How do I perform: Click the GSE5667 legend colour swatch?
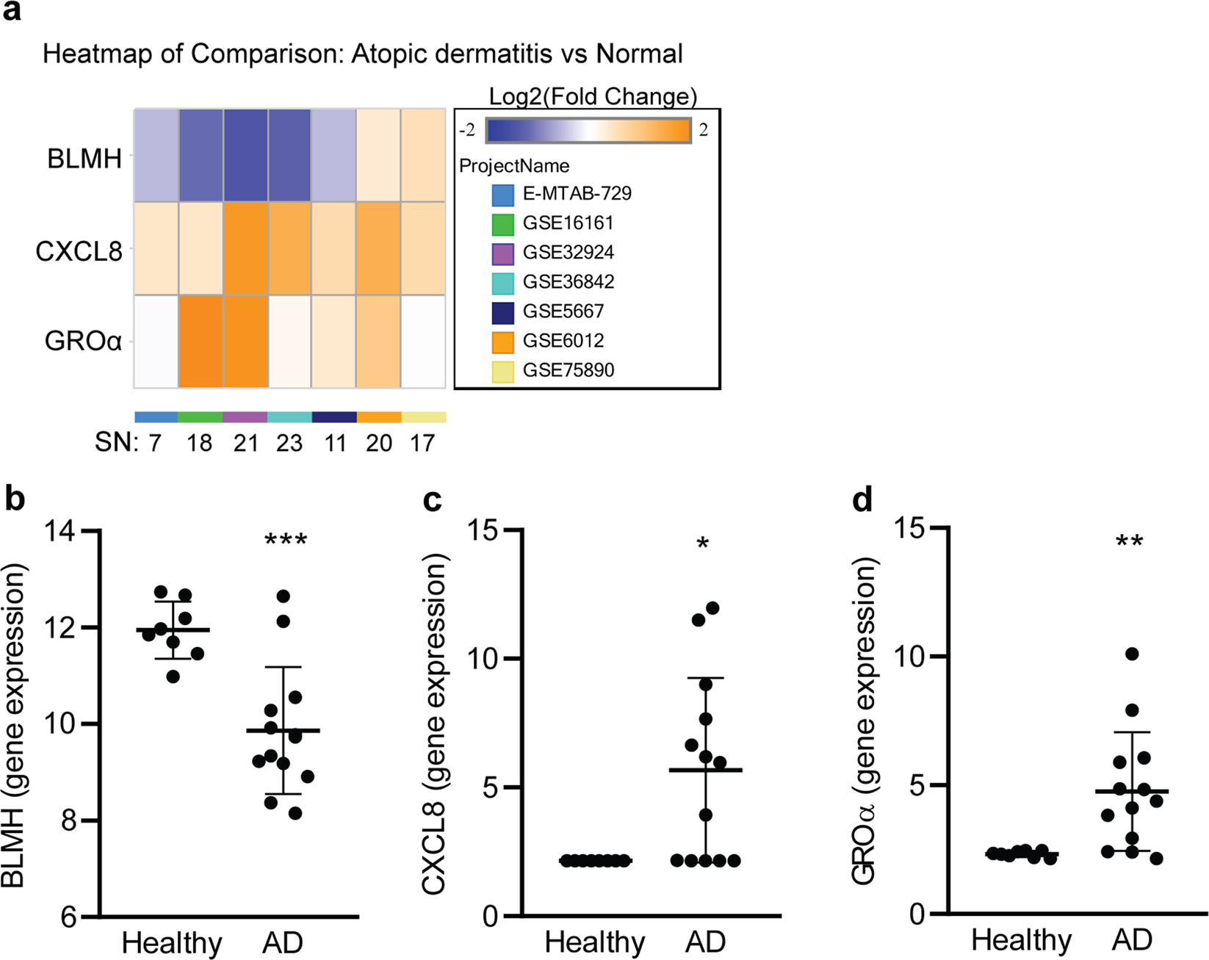(x=502, y=311)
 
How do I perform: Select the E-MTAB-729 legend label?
(x=577, y=194)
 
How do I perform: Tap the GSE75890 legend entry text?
(x=568, y=370)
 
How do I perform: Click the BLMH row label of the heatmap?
(x=84, y=159)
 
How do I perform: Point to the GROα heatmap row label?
(x=83, y=342)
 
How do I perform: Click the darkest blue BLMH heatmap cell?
(x=246, y=155)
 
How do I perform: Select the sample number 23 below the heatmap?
(x=289, y=443)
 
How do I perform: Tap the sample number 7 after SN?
(x=154, y=443)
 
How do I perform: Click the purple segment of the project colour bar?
(x=245, y=417)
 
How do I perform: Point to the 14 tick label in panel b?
(x=62, y=531)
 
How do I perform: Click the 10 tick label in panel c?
(x=483, y=658)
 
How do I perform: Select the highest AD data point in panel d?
(x=1132, y=654)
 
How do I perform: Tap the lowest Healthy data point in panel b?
(x=173, y=676)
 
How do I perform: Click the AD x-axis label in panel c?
(x=705, y=942)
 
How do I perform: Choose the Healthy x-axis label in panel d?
(x=1021, y=940)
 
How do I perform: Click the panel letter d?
(x=862, y=499)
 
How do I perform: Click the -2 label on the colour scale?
(x=467, y=131)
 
